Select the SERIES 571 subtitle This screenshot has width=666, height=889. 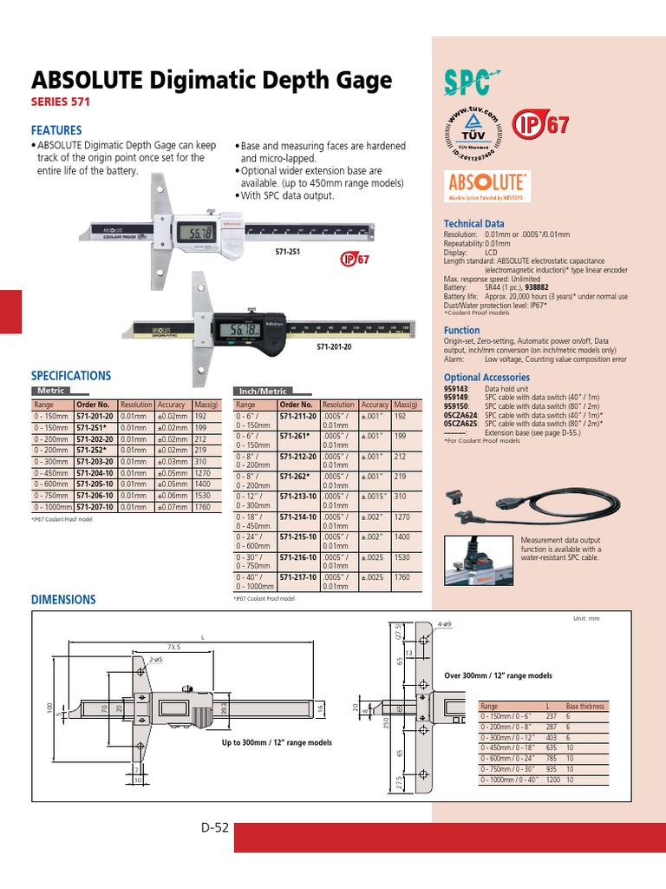click(61, 102)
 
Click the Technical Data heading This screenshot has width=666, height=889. click(473, 224)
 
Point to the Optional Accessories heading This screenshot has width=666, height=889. click(486, 378)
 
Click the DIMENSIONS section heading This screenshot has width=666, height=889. click(63, 600)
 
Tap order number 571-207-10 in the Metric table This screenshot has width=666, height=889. click(94, 506)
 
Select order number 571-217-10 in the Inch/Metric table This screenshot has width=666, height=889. click(298, 576)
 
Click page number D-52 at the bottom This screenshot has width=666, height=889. click(213, 827)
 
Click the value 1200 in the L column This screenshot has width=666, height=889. click(552, 780)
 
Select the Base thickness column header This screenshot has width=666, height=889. click(585, 707)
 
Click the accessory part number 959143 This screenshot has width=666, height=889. click(455, 390)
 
